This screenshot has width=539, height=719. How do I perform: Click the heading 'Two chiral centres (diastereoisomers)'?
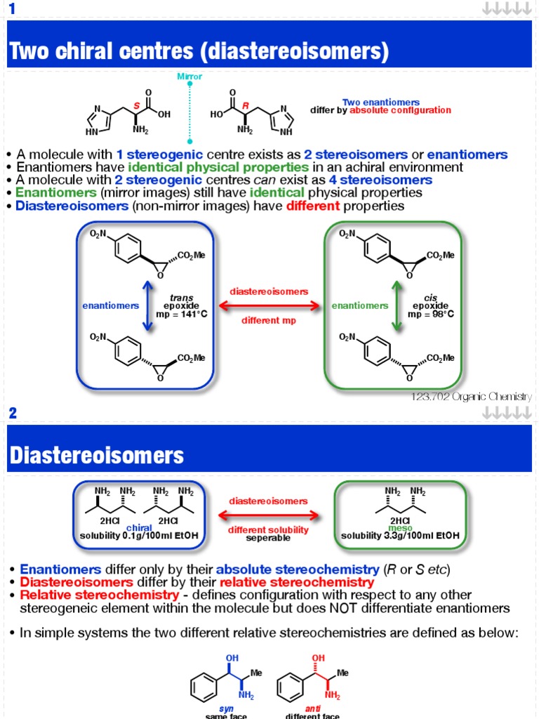coord(199,51)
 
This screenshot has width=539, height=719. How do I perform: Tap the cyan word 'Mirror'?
coord(189,77)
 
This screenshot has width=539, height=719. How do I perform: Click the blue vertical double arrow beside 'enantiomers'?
coord(147,305)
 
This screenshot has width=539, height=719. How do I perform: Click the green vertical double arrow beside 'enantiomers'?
coord(397,305)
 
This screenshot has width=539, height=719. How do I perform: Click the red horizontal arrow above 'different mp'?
coord(269,305)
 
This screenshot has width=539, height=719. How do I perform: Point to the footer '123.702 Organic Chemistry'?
coord(472,397)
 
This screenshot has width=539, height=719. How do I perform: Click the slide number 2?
coord(12,413)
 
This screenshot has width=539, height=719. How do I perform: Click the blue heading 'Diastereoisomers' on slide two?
coord(96,456)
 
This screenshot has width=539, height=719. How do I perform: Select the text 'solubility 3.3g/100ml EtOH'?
coord(400,536)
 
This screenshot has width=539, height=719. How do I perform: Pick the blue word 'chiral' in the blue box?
coord(138,527)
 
